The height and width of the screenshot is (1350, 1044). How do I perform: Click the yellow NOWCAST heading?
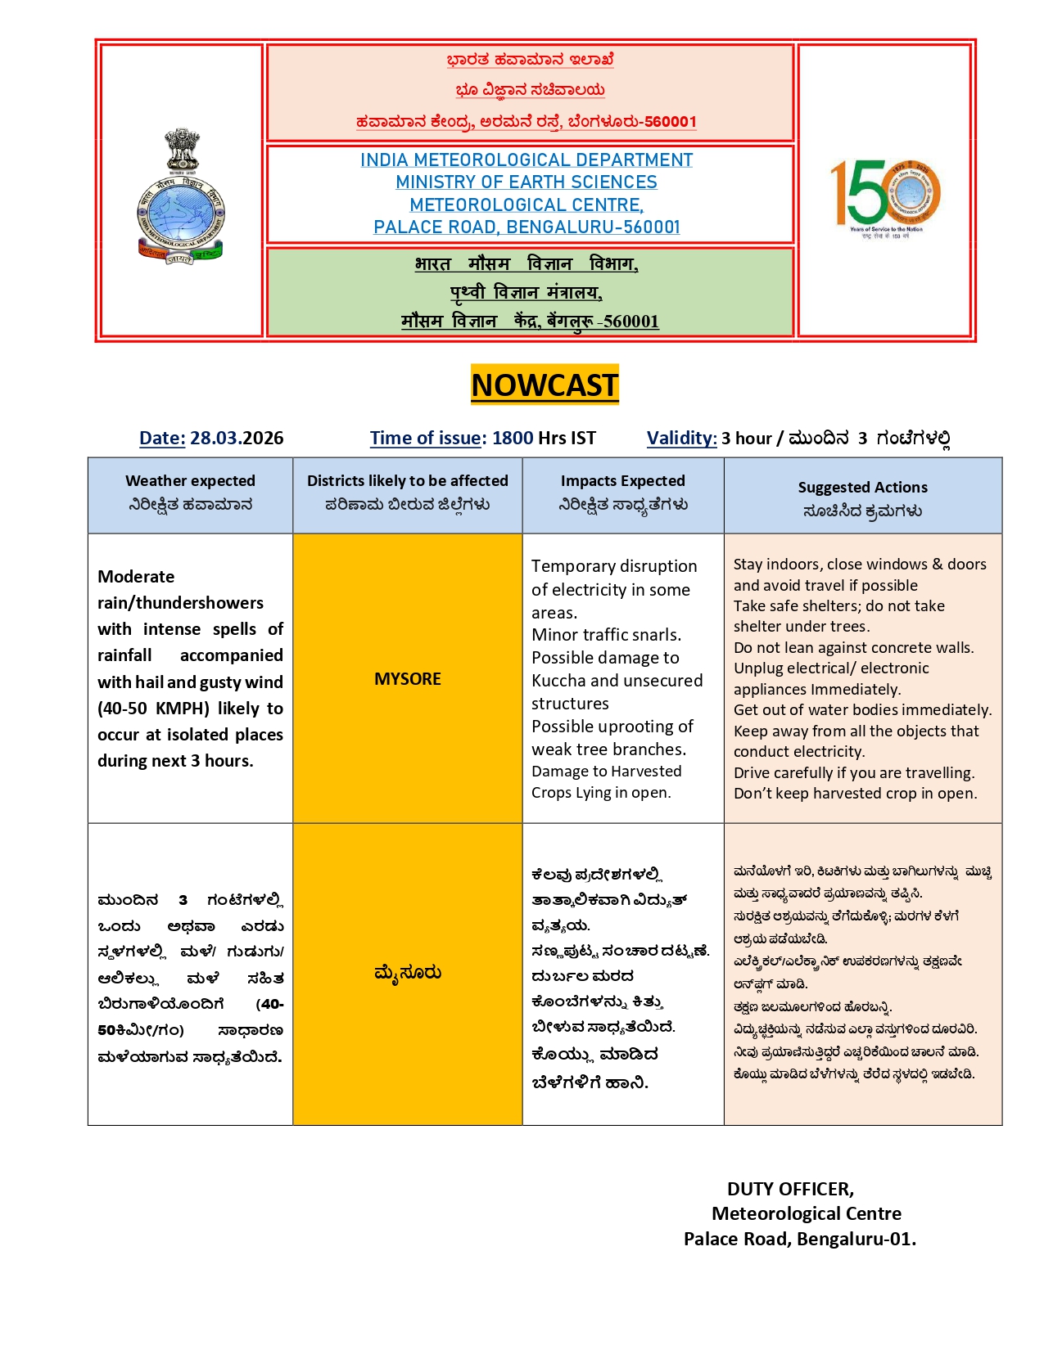click(x=545, y=385)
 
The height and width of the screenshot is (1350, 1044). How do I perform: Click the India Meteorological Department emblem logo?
click(x=181, y=196)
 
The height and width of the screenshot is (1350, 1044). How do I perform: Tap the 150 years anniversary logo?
click(x=885, y=196)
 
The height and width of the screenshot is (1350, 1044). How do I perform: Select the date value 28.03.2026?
click(x=237, y=438)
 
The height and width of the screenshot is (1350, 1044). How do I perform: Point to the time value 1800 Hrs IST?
click(x=544, y=438)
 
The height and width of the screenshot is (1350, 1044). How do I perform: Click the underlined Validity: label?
click(x=681, y=438)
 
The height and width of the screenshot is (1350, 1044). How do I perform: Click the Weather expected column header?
click(x=190, y=481)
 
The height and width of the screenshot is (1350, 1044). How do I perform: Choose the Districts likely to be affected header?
click(x=407, y=481)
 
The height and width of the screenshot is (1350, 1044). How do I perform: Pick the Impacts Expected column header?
click(x=622, y=481)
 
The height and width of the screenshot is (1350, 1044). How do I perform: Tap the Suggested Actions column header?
click(x=862, y=488)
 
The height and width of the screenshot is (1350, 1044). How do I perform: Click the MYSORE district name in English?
click(x=407, y=679)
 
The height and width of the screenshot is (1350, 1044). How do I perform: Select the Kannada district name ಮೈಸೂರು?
click(x=407, y=973)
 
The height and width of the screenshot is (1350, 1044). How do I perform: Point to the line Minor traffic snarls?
click(x=606, y=635)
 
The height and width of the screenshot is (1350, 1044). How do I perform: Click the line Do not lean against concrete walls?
click(x=853, y=648)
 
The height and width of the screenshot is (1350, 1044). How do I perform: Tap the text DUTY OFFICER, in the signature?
click(x=790, y=1189)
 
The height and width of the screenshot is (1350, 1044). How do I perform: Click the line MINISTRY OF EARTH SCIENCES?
click(x=526, y=182)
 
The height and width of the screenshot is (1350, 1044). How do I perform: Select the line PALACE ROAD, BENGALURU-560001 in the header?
click(x=527, y=227)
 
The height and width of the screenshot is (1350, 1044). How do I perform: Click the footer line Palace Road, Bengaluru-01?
click(x=799, y=1239)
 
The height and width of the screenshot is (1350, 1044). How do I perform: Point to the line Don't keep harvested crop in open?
click(x=855, y=794)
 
